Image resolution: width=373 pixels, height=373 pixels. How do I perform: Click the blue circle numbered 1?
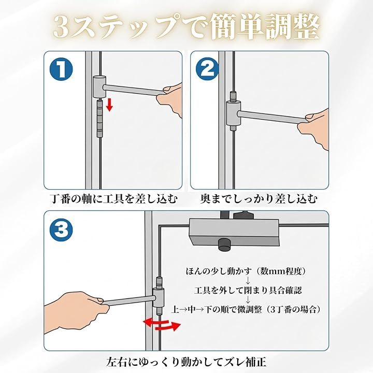pyautogui.click(x=61, y=69)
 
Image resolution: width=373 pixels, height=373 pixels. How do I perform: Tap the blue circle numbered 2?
pyautogui.click(x=207, y=69)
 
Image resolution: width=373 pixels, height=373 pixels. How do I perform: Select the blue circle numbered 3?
pyautogui.click(x=61, y=230)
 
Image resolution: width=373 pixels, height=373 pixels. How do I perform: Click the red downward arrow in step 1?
pyautogui.click(x=109, y=105)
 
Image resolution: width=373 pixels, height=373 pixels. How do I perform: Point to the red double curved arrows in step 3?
pyautogui.click(x=162, y=324)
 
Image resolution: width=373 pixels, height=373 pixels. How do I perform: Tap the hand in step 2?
pyautogui.click(x=314, y=128)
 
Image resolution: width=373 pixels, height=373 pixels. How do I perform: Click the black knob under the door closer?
pyautogui.click(x=224, y=245)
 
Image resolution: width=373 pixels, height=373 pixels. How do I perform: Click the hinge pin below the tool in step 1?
pyautogui.click(x=99, y=119)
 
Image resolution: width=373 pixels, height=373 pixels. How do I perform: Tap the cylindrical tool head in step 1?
pyautogui.click(x=99, y=87)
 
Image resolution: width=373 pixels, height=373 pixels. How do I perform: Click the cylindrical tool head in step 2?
pyautogui.click(x=233, y=113)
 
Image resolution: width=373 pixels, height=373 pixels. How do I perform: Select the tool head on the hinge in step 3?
pyautogui.click(x=158, y=297)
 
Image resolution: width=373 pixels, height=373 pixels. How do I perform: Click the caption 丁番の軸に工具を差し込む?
pyautogui.click(x=113, y=199)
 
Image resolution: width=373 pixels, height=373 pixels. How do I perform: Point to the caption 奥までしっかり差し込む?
pyautogui.click(x=259, y=199)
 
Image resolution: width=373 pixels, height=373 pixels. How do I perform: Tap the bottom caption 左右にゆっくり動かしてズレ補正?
pyautogui.click(x=187, y=362)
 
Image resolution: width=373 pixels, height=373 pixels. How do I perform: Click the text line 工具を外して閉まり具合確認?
pyautogui.click(x=248, y=291)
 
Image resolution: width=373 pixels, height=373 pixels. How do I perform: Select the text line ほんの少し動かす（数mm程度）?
pyautogui.click(x=246, y=271)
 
